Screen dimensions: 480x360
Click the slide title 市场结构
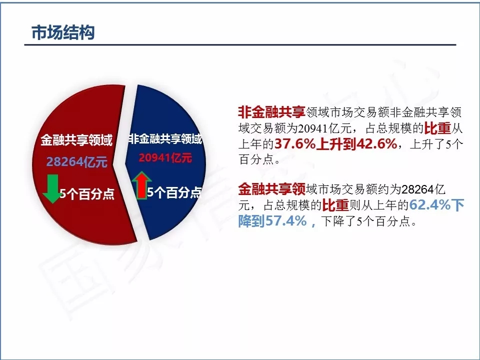click(x=63, y=32)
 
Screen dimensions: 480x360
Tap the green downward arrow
click(x=51, y=189)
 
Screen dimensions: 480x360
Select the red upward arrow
click(x=141, y=185)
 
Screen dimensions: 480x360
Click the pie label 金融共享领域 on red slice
click(x=76, y=140)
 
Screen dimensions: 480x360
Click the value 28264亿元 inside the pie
click(x=77, y=161)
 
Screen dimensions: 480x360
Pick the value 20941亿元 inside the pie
click(x=165, y=158)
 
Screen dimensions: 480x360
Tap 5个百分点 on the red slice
click(x=87, y=194)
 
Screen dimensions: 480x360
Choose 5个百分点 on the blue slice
click(x=174, y=192)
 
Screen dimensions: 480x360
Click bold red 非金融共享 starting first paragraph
click(x=271, y=112)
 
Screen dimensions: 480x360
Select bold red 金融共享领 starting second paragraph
click(x=271, y=189)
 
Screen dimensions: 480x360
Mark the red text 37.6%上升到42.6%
click(x=336, y=143)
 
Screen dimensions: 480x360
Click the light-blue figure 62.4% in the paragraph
click(x=430, y=205)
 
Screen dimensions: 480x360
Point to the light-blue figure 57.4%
click(x=285, y=220)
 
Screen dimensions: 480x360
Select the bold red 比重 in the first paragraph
click(x=438, y=128)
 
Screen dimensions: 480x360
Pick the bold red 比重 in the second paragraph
click(x=335, y=205)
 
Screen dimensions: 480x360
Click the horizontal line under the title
click(x=240, y=44)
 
